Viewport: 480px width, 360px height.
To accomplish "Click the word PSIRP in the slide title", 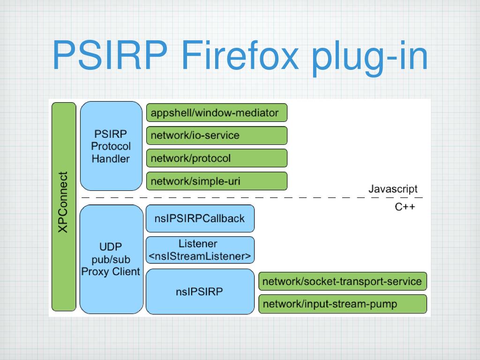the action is [x=110, y=55].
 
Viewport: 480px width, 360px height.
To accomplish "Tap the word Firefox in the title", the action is [x=240, y=55].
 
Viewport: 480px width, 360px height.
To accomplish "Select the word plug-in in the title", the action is [x=370, y=58].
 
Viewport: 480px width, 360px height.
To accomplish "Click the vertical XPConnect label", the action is [x=63, y=202].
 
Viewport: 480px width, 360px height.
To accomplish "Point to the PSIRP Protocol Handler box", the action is [x=111, y=146].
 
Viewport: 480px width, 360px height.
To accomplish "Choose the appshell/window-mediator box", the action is [x=217, y=112].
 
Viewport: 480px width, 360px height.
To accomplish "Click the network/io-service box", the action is [x=217, y=135].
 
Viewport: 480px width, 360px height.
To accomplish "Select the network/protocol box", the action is [x=217, y=158].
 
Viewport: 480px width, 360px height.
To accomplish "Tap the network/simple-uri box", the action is [x=217, y=181].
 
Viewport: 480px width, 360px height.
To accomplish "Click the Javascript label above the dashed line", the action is [x=393, y=189].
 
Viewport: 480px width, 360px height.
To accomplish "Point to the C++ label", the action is [x=405, y=207].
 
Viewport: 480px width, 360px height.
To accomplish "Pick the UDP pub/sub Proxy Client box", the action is [x=112, y=259].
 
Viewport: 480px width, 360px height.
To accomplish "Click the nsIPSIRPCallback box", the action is [x=200, y=218].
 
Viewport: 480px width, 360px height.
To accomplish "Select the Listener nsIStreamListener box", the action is [x=200, y=250].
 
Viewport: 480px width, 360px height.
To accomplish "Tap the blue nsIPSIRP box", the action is [x=200, y=292].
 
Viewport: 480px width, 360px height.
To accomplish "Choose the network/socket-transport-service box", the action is [x=343, y=281].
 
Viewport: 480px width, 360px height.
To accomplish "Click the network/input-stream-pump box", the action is [x=343, y=304].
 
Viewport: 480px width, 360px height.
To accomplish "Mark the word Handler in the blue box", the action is [x=111, y=158].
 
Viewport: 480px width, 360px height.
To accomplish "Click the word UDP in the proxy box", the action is [x=111, y=247].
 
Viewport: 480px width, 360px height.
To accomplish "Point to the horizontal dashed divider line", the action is [x=252, y=198].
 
